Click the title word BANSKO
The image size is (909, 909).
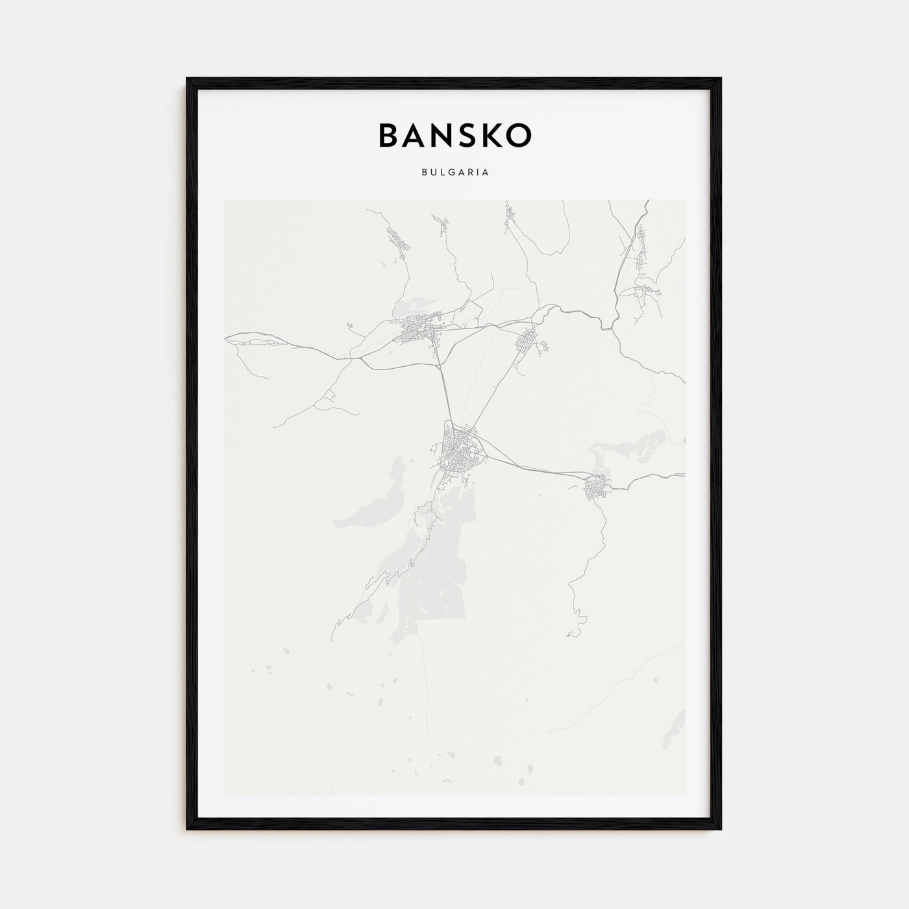[454, 135]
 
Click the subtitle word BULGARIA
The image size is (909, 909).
[454, 173]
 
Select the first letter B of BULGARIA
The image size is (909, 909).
[424, 173]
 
